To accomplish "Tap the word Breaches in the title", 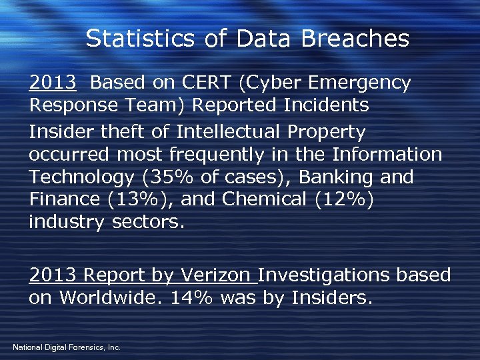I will click(355, 39).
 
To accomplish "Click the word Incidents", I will click(326, 105).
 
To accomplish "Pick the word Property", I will click(326, 132).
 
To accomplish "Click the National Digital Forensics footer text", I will click(66, 347).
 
